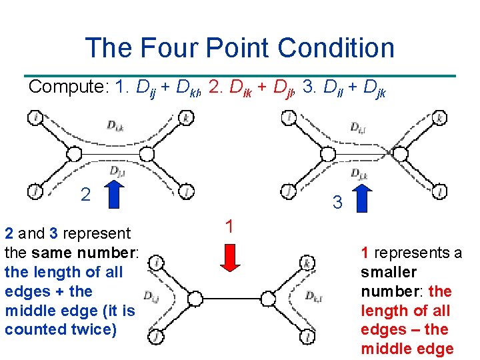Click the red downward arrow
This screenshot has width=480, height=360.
pos(229,257)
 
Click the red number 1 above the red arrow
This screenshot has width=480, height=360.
pos(229,227)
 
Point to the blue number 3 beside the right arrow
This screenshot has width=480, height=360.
pos(338,202)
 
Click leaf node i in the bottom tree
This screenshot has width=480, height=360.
pos(156,263)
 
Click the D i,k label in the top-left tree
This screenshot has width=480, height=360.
pos(115,124)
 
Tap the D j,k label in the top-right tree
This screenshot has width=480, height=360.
pos(360,175)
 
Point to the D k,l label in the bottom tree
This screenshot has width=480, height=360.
pos(315,296)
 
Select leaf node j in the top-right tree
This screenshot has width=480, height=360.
pos(288,191)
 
